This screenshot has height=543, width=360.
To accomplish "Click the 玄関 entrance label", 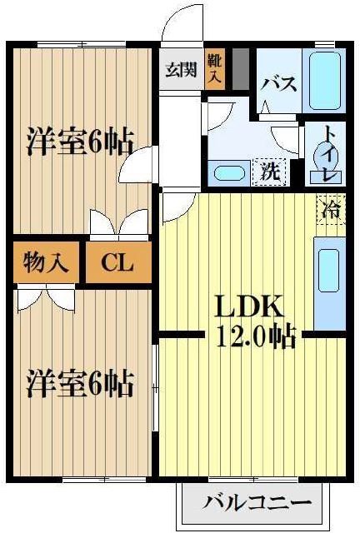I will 181,70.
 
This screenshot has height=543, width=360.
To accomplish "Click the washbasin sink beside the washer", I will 227,174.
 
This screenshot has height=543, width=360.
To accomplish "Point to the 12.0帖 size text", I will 255,336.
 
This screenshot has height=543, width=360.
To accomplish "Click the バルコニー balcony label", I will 257,503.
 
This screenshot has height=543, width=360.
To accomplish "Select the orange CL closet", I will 118,263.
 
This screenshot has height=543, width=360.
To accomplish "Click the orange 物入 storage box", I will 46,263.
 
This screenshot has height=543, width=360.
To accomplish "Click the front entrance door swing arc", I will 179,25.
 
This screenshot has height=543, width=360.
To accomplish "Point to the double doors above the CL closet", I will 117,226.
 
